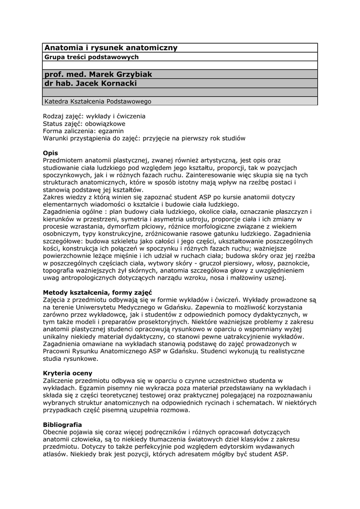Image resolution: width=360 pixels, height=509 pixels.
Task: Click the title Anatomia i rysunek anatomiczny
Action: click(x=111, y=48)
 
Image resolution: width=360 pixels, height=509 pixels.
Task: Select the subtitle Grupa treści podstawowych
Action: click(x=91, y=57)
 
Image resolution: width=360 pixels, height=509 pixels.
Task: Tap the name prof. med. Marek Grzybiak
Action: click(x=98, y=74)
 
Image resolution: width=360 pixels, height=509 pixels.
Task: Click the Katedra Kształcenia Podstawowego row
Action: click(x=98, y=101)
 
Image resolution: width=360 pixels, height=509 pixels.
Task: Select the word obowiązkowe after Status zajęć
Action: click(x=106, y=123)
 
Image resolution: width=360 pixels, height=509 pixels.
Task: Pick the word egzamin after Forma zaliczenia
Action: click(x=108, y=131)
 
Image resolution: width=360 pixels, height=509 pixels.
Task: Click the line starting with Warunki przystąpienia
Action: click(x=144, y=138)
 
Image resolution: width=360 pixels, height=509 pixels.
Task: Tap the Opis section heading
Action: click(x=50, y=153)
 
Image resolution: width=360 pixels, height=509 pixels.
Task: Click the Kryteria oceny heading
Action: click(x=68, y=373)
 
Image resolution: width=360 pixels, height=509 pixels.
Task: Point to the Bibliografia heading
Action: click(x=62, y=425)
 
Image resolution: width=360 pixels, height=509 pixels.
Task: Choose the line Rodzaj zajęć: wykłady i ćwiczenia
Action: click(x=94, y=116)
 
